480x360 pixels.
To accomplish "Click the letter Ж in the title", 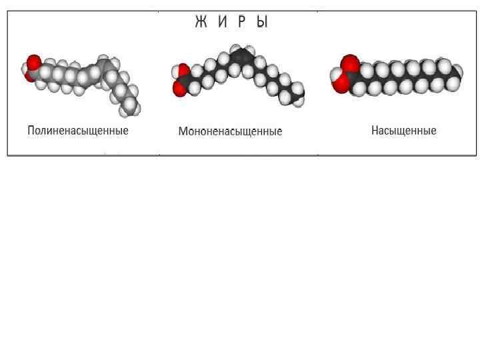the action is point(201,23).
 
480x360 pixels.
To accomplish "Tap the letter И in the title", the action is point(222,23).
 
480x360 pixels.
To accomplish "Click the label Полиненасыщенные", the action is point(78,131).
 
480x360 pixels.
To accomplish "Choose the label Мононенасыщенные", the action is point(230,131).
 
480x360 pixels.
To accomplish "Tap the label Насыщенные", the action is point(403,131).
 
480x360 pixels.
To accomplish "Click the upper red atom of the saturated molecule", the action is point(349,64).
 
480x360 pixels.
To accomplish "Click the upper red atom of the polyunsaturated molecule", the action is point(33,63).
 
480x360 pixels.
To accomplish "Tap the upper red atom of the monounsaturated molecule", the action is point(180,71).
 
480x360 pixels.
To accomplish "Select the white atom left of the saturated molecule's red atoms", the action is point(334,75).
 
